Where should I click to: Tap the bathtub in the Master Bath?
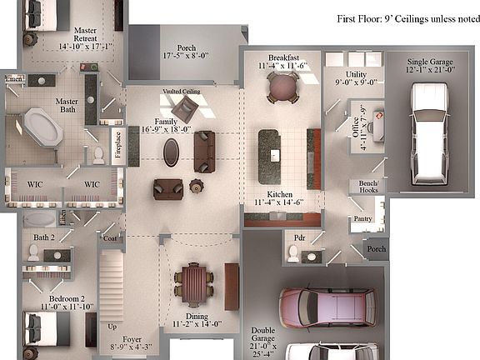[x=39, y=129]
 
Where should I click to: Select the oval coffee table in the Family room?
[x=171, y=152]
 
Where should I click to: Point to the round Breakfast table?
[x=282, y=86]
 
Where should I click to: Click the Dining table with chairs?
[x=193, y=286]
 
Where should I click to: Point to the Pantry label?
[x=362, y=219]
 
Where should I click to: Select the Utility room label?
[x=345, y=77]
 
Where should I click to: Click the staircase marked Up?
[x=112, y=287]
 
